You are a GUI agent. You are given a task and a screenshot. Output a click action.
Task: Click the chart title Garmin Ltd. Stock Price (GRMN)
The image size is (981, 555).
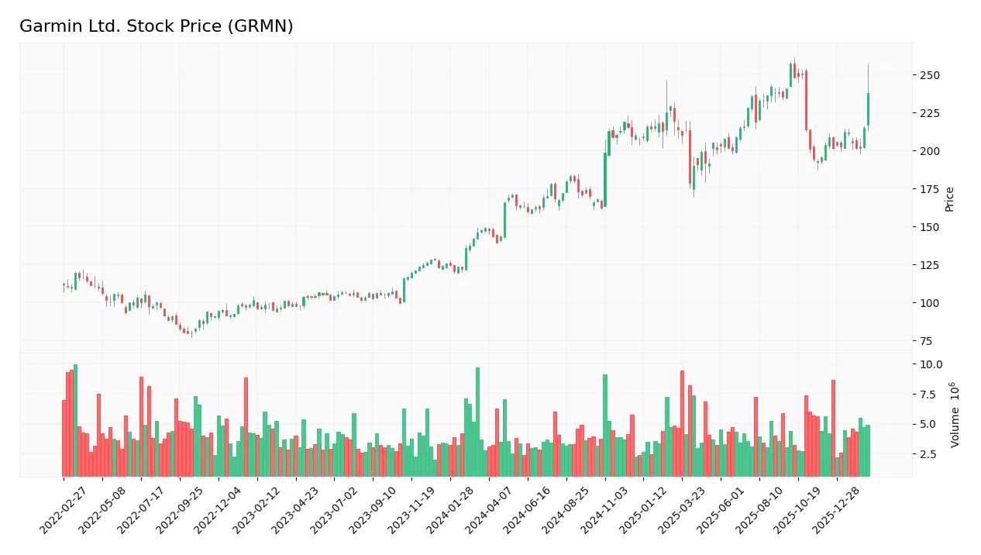[157, 26]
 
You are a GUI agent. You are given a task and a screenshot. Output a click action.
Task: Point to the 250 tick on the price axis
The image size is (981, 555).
[929, 75]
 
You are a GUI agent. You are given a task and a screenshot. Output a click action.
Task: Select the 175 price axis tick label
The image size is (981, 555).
[929, 189]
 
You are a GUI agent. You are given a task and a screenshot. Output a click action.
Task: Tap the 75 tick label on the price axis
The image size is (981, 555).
[927, 341]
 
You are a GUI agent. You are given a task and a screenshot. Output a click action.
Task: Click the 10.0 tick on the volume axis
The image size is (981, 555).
[930, 364]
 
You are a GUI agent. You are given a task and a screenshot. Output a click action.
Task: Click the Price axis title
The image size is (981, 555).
[949, 199]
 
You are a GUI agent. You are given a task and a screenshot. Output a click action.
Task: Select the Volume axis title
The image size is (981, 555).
[955, 415]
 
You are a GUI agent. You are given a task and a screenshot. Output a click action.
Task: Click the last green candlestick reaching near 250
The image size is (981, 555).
[868, 109]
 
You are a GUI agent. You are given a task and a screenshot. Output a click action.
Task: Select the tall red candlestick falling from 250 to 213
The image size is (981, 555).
[807, 101]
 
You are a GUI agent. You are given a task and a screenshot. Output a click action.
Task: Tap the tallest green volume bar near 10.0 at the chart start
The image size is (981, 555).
[75, 420]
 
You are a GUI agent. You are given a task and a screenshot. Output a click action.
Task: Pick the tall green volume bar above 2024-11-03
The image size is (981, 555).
[605, 425]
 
